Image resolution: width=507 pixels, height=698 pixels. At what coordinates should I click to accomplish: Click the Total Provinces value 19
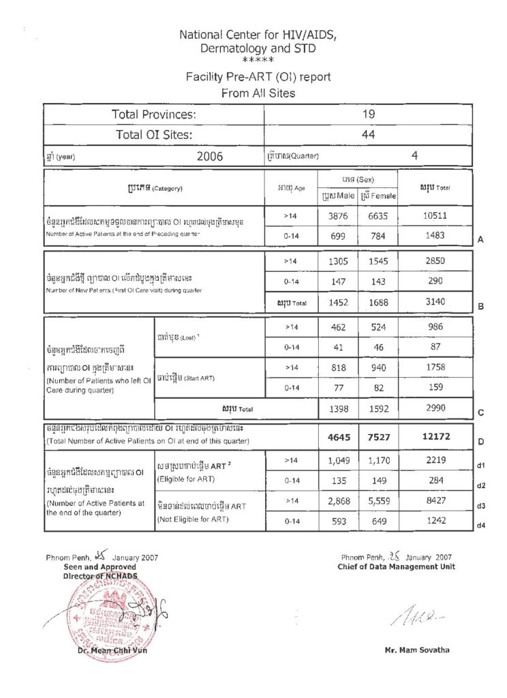(369, 115)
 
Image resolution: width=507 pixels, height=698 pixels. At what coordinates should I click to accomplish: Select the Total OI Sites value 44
(369, 135)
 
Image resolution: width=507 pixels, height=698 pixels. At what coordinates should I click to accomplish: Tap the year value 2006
(210, 155)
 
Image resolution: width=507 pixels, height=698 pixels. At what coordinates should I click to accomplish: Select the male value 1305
(338, 261)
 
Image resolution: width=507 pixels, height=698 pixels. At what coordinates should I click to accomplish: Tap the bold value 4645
(338, 436)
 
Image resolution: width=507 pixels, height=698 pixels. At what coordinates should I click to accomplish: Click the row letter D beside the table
(481, 442)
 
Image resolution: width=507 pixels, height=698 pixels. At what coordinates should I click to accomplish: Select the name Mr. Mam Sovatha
(417, 650)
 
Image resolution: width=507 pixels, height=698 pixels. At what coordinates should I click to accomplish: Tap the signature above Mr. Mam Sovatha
(412, 618)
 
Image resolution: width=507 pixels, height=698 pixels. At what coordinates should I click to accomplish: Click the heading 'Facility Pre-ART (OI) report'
(258, 77)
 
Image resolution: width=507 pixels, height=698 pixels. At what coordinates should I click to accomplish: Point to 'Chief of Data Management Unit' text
(397, 566)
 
